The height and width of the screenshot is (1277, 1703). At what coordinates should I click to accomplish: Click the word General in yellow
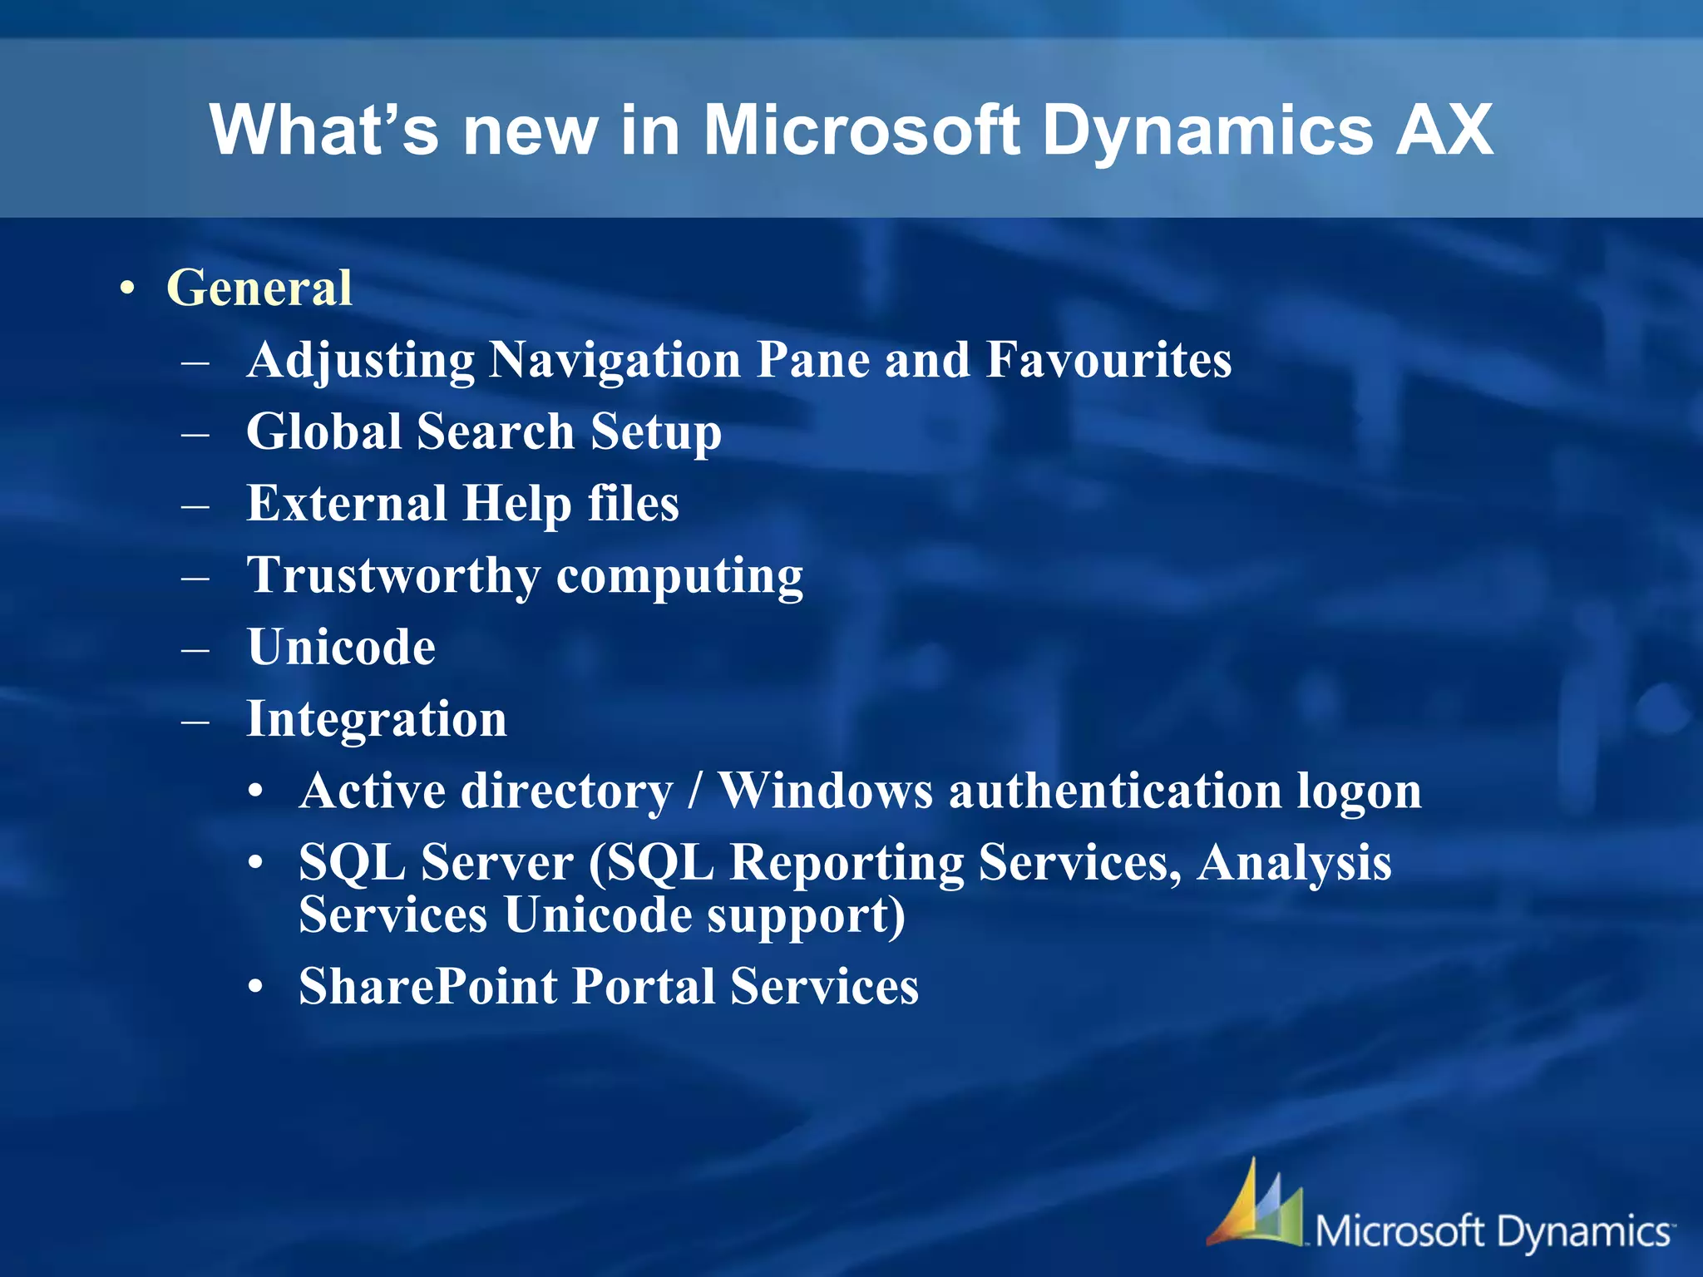point(259,288)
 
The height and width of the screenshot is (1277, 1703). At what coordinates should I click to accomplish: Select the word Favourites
point(1108,360)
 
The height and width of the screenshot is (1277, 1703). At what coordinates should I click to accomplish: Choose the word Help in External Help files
point(516,504)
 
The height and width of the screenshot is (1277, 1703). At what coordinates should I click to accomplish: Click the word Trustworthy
point(393,575)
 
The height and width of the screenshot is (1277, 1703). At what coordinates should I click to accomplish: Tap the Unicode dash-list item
point(341,647)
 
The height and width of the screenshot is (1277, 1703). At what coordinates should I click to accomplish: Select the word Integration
point(377,719)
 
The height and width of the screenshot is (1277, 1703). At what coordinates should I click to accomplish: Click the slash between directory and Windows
point(695,791)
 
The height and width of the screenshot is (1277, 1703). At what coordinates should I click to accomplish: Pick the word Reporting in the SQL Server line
point(846,862)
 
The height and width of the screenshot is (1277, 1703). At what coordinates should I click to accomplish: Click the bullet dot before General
point(126,289)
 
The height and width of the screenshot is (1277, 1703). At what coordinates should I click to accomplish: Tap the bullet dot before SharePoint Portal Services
point(256,988)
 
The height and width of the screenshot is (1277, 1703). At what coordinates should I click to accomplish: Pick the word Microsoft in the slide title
point(861,131)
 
